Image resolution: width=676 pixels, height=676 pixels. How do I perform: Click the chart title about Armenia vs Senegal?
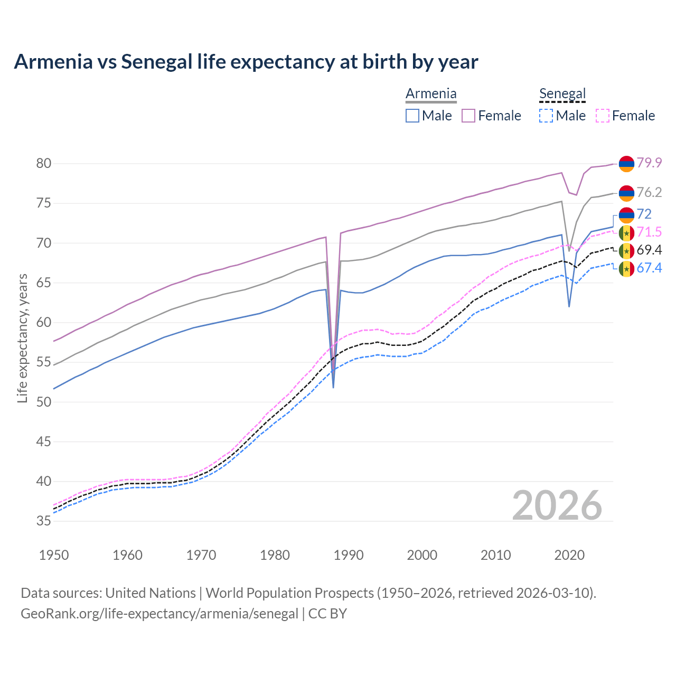point(246,62)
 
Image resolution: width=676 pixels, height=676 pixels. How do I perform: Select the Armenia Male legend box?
point(412,116)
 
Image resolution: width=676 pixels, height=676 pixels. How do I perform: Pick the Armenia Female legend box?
point(468,116)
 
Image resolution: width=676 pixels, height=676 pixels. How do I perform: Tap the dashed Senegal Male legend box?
point(546,116)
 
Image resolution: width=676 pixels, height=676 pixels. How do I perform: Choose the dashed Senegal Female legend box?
point(603,116)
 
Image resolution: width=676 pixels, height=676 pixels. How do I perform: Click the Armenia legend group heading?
point(431,94)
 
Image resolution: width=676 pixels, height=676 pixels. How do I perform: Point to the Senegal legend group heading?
point(562,94)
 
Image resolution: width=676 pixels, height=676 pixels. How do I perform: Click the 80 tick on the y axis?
point(44,164)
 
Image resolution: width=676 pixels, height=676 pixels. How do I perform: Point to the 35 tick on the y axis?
point(44,521)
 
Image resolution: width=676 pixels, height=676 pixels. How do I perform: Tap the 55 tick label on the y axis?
point(44,362)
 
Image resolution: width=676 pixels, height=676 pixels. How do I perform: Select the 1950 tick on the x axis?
point(54,555)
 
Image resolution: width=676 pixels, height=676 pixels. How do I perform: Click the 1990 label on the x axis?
point(349,555)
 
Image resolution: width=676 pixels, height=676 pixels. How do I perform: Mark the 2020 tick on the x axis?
point(569,555)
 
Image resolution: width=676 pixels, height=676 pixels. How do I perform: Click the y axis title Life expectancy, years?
point(22,338)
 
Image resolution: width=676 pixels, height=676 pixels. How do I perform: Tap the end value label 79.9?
point(649,163)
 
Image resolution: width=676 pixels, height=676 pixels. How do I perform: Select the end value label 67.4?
point(649,268)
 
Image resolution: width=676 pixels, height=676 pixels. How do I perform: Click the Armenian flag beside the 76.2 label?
point(626,193)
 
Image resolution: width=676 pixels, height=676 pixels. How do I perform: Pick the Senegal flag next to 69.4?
point(626,250)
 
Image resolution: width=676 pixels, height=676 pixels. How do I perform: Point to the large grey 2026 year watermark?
point(557,505)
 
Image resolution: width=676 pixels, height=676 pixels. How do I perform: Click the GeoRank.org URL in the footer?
point(159,614)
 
